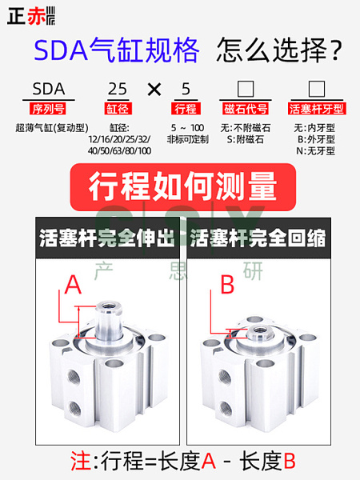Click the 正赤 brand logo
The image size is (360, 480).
click(x=31, y=16)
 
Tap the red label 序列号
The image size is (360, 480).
click(x=48, y=109)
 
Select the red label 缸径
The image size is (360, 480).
click(x=118, y=109)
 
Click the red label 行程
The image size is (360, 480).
click(x=186, y=109)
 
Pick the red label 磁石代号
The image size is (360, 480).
click(x=246, y=109)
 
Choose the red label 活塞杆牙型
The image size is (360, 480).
click(x=317, y=109)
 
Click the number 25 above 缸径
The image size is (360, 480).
click(x=118, y=89)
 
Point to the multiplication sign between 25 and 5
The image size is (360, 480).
click(x=154, y=90)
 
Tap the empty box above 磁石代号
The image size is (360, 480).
click(x=246, y=89)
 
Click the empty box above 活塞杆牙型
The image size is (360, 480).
click(x=317, y=89)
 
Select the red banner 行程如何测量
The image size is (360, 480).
click(x=183, y=186)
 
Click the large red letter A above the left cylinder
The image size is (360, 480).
click(x=73, y=285)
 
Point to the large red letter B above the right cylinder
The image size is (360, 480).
click(x=227, y=285)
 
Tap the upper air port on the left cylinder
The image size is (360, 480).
click(x=74, y=376)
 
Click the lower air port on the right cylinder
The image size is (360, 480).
click(x=226, y=409)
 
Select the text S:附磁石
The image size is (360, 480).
click(x=246, y=139)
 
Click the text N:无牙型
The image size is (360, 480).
click(x=315, y=151)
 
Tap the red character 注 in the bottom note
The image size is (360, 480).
click(x=81, y=461)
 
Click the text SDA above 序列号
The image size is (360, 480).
click(x=49, y=89)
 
